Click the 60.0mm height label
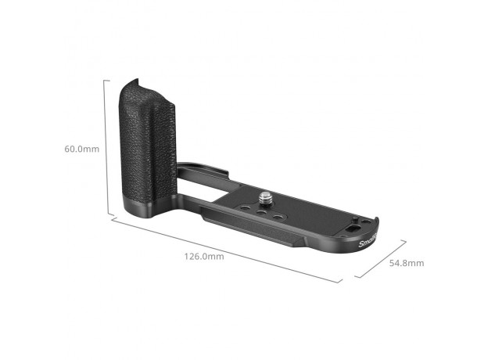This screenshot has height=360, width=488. (x=81, y=149)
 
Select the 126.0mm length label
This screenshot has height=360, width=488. (x=204, y=256)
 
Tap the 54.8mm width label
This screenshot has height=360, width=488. (x=407, y=263)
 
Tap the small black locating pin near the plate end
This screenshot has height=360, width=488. (x=355, y=219)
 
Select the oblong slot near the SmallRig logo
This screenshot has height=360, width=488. (x=352, y=230)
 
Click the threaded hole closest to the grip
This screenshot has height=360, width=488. (x=246, y=208)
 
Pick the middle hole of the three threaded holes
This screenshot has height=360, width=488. (x=260, y=212)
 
